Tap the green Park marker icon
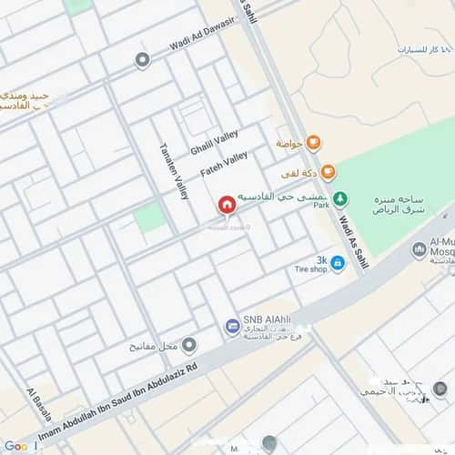339,198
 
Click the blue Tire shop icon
338,264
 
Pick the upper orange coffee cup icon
313,142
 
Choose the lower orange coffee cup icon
328,172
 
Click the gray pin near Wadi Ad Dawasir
142,61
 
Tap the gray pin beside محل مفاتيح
189,345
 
